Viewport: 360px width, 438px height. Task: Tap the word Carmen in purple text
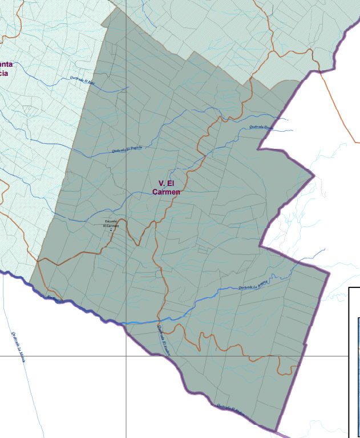tap(166, 192)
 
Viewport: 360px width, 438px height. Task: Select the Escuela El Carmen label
tap(111, 223)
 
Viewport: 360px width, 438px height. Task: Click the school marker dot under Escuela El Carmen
tap(111, 230)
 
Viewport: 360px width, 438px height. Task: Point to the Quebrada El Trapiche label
tap(127, 149)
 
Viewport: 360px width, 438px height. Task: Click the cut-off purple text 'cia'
tap(4, 73)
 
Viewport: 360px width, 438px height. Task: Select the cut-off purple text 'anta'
tap(6, 64)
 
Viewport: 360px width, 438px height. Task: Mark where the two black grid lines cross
tap(126, 356)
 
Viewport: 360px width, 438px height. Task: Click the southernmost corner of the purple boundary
tap(277, 431)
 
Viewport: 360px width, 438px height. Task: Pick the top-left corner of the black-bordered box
tap(349, 288)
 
